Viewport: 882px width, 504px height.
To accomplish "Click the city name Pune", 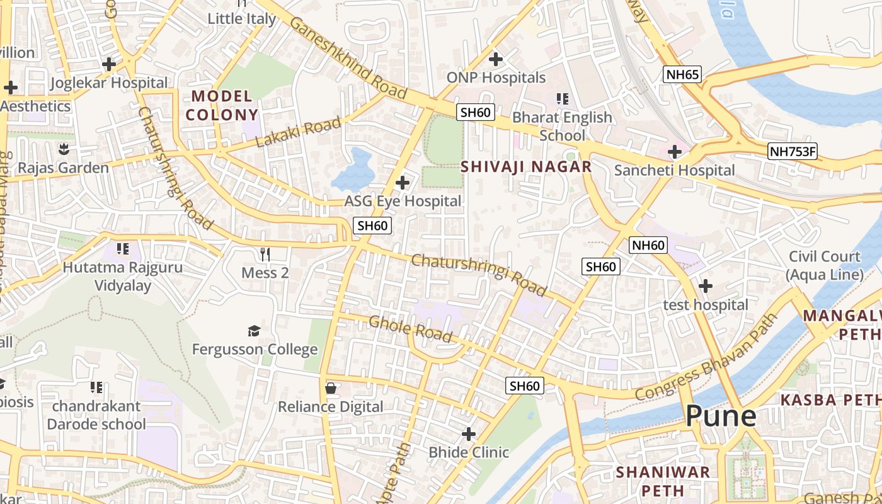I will [x=721, y=416].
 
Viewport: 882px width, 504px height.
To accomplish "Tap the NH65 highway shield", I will [x=682, y=75].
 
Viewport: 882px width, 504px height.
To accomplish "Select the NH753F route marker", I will [x=792, y=151].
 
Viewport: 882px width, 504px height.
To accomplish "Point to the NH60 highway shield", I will [x=648, y=245].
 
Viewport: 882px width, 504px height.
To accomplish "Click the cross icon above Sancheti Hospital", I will [x=675, y=152].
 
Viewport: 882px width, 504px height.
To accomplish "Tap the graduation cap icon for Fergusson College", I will [x=254, y=331].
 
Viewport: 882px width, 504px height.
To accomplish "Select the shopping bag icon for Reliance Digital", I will [x=330, y=388].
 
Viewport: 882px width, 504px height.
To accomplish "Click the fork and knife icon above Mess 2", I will [x=265, y=255].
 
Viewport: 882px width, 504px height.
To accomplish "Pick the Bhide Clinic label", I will [x=469, y=452].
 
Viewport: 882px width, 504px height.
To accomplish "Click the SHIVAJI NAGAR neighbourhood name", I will [x=526, y=167].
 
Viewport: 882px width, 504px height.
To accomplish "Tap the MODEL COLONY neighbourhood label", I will [x=222, y=106].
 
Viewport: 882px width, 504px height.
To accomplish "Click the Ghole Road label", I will [x=411, y=329].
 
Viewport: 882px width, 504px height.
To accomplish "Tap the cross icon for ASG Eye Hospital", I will [x=402, y=183].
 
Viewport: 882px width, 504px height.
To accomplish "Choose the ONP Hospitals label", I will [x=496, y=77].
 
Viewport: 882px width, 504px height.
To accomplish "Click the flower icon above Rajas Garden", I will [x=63, y=150].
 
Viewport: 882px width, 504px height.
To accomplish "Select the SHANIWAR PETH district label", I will [x=663, y=481].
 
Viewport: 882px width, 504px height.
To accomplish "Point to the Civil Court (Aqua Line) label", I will [x=825, y=265].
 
